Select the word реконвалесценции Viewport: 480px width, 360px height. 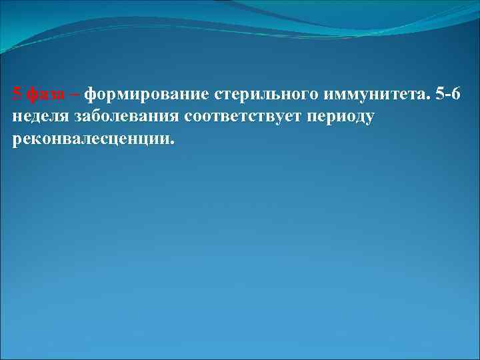91,141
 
